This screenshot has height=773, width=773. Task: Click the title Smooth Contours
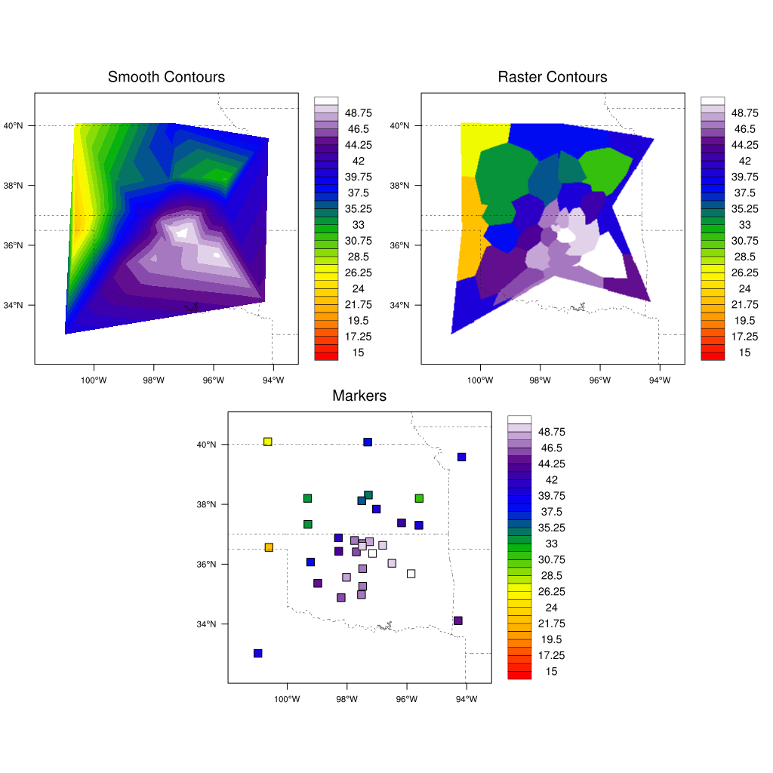(x=166, y=77)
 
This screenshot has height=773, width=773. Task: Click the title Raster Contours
(x=553, y=77)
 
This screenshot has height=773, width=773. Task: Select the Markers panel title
(x=359, y=396)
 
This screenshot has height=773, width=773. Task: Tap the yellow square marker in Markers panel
(x=267, y=442)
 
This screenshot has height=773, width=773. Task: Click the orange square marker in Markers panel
(x=269, y=547)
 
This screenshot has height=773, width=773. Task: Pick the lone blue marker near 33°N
(x=257, y=653)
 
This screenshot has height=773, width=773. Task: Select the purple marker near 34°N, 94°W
(x=457, y=621)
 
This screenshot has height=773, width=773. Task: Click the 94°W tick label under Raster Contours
(x=659, y=380)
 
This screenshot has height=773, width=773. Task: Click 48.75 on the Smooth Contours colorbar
(x=358, y=113)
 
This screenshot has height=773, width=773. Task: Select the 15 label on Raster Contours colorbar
(x=744, y=353)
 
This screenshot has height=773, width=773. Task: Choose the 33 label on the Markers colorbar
(x=551, y=544)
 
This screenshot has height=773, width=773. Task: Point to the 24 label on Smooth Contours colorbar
(x=358, y=288)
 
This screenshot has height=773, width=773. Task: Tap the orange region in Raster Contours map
(x=470, y=226)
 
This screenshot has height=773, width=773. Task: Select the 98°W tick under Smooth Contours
(x=153, y=380)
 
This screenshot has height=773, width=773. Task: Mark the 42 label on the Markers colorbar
(x=551, y=480)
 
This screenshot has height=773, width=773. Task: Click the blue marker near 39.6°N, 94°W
(x=461, y=457)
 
